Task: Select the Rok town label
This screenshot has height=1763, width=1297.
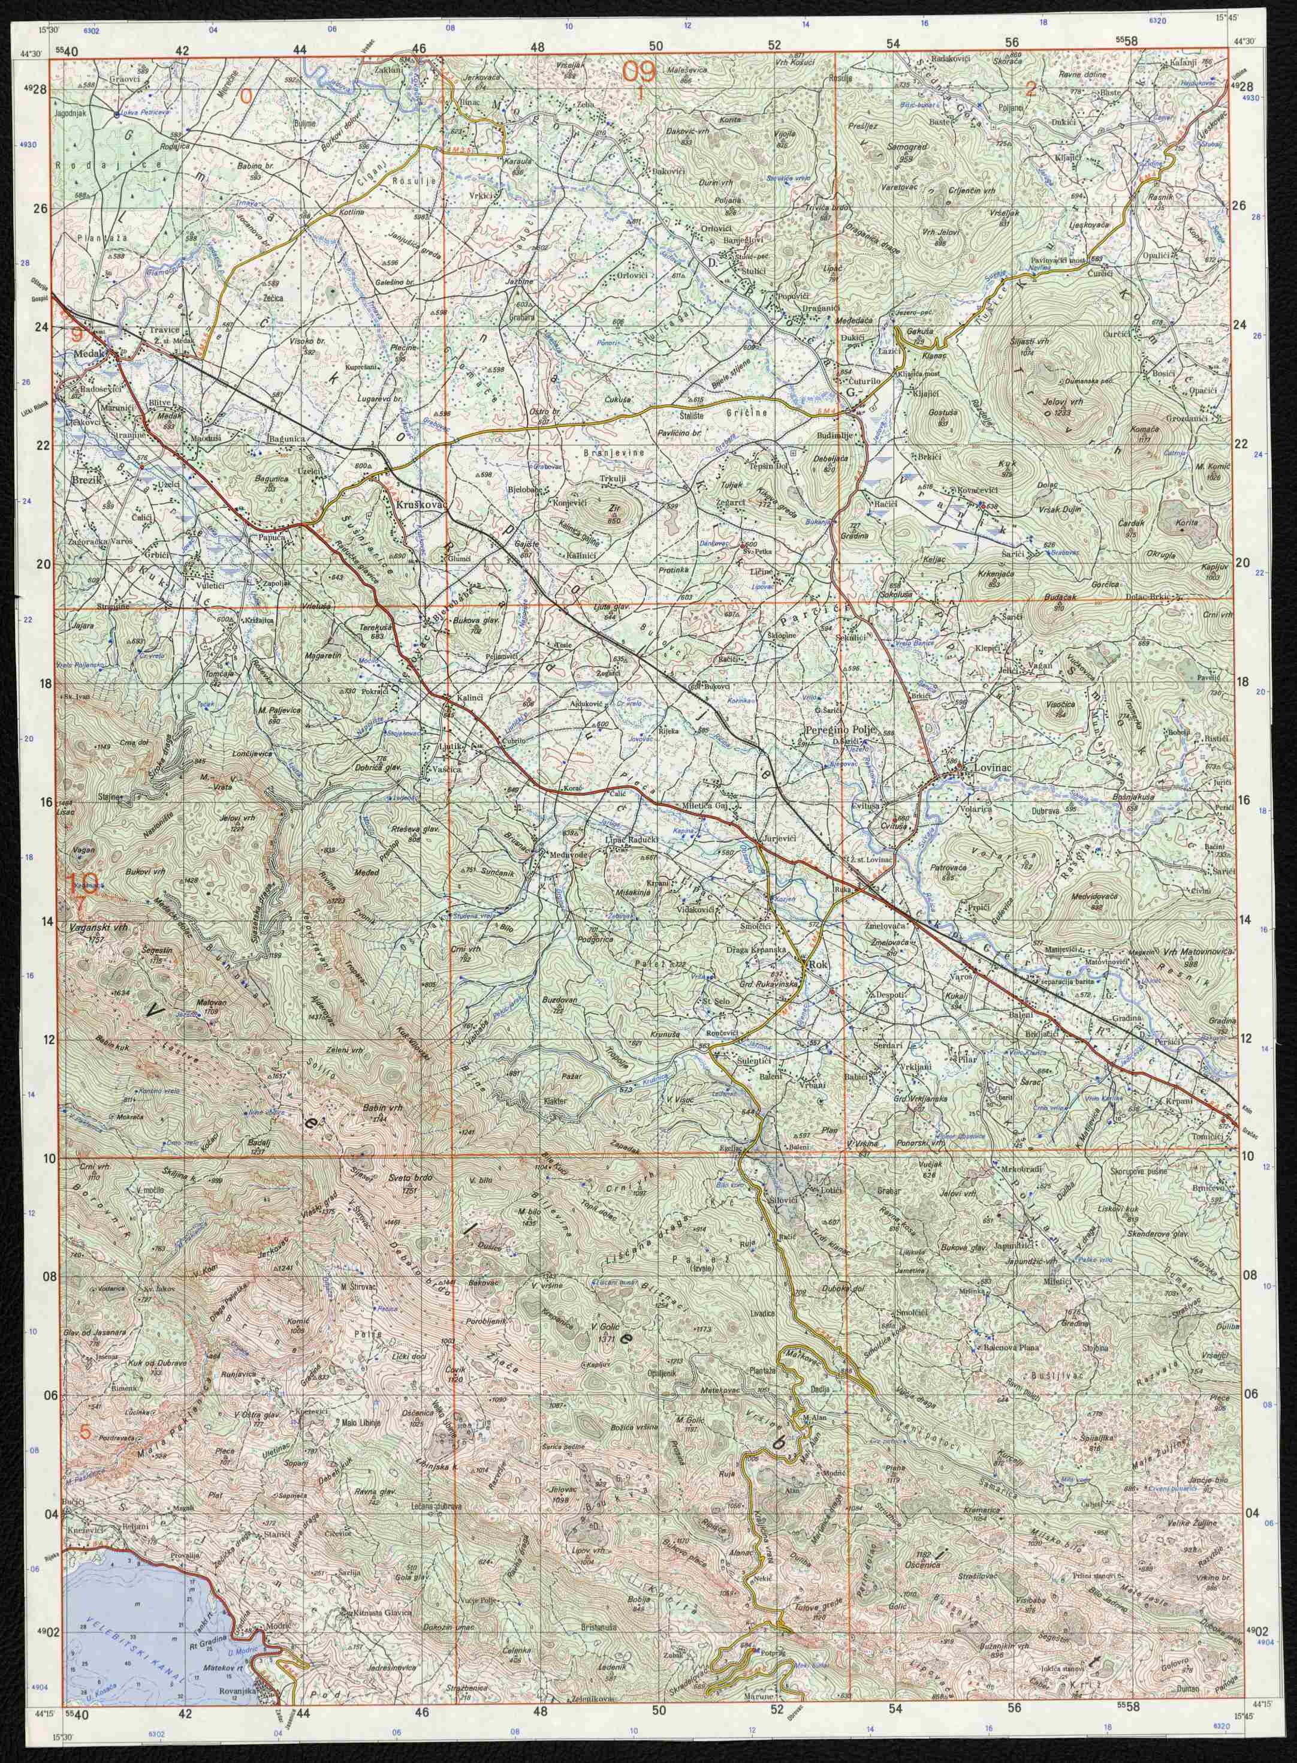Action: [819, 964]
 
